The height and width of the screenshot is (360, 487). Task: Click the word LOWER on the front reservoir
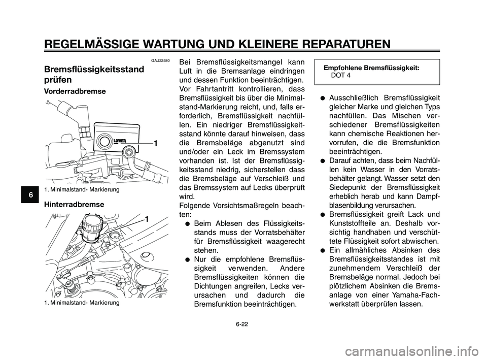tap(120, 141)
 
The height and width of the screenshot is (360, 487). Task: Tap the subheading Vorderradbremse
tap(75, 91)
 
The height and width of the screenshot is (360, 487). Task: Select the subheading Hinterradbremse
tap(74, 204)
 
